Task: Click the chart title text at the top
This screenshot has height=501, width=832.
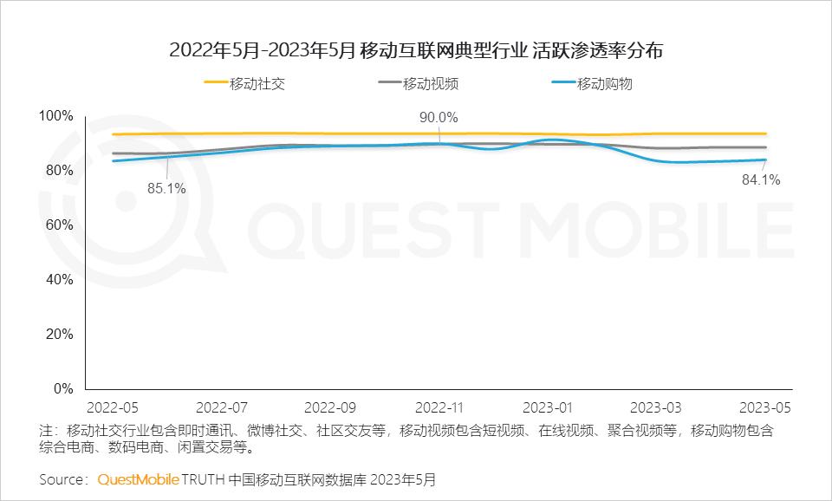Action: (416, 50)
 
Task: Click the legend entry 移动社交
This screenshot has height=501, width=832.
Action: (257, 84)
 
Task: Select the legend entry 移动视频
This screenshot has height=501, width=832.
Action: (431, 84)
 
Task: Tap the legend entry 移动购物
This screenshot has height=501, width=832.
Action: (605, 84)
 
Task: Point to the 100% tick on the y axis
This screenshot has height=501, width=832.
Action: (57, 116)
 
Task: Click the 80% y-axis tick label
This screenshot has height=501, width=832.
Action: (60, 171)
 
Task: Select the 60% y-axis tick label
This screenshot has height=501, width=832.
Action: (60, 225)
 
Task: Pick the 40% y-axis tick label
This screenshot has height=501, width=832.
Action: (60, 280)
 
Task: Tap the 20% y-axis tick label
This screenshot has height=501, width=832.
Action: (60, 335)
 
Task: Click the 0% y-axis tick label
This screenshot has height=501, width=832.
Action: (63, 389)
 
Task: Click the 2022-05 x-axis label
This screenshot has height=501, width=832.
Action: (114, 407)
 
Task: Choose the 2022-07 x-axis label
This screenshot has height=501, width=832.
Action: (223, 407)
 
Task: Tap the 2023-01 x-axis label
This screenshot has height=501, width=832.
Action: (549, 407)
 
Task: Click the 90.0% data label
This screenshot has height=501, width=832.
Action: (439, 118)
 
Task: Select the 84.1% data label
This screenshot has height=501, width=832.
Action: (761, 181)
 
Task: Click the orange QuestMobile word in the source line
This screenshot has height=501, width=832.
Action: (139, 478)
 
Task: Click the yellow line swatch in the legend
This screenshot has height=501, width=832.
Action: (216, 84)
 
